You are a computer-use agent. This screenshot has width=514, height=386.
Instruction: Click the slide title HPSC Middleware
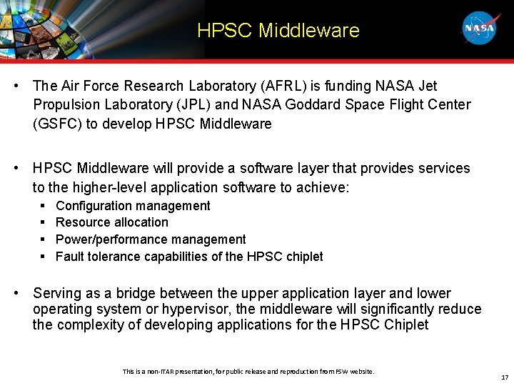point(278,31)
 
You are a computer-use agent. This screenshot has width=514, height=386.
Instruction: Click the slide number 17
point(505,377)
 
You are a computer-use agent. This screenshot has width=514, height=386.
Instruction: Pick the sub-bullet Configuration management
point(133,206)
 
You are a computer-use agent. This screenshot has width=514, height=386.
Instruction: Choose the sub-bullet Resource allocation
point(112,222)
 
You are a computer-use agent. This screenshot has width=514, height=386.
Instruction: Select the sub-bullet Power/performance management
point(151,239)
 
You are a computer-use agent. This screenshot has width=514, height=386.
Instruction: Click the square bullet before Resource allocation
point(43,222)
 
